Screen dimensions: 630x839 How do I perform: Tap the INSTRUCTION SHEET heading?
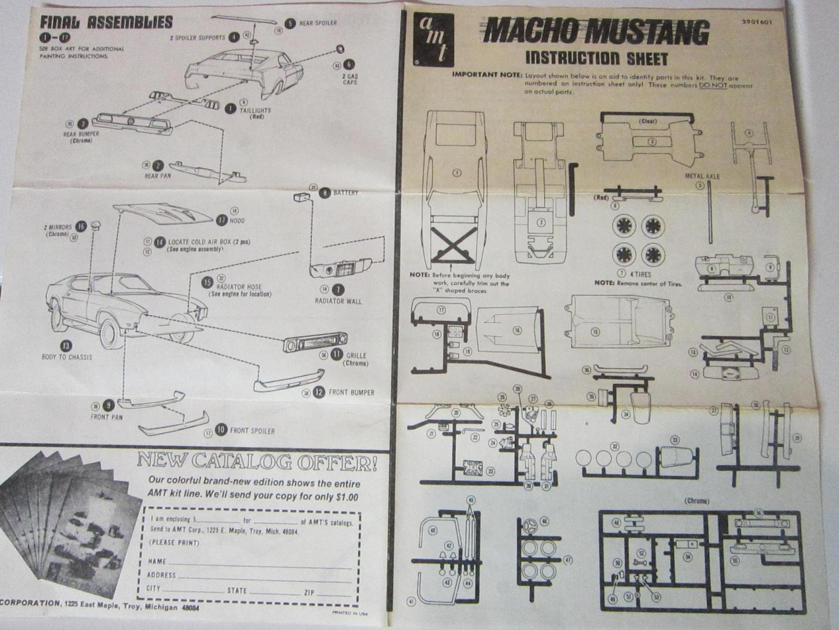596,58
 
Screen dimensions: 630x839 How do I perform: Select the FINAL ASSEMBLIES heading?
106,23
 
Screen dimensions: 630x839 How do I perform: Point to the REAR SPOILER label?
318,23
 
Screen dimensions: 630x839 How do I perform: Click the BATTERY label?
346,192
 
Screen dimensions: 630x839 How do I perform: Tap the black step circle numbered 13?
66,346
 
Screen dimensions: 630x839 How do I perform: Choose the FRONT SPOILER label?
252,431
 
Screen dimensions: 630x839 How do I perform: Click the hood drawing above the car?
163,214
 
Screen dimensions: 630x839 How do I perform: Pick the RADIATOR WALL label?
338,302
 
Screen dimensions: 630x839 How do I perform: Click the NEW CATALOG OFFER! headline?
257,462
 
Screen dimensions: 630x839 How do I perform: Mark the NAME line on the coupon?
157,561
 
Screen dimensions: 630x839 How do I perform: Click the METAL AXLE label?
702,176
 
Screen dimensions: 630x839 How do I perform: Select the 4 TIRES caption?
640,274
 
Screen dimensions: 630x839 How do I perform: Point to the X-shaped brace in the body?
452,245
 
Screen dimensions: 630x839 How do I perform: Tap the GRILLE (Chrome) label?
356,359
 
